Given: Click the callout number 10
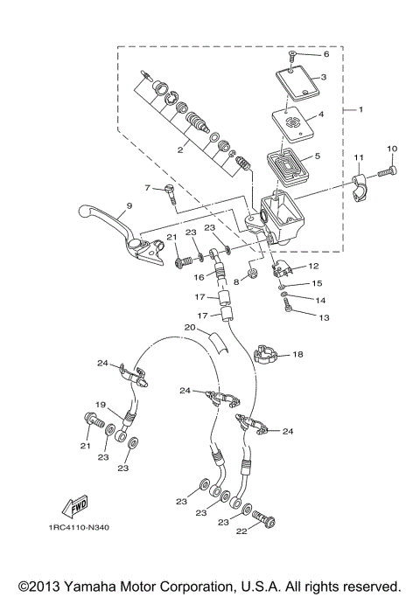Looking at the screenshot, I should coord(391,149).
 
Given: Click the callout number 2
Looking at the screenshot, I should coord(179,150).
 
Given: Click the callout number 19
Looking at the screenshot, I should coord(101,405).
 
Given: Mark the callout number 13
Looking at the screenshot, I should coord(325,318).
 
